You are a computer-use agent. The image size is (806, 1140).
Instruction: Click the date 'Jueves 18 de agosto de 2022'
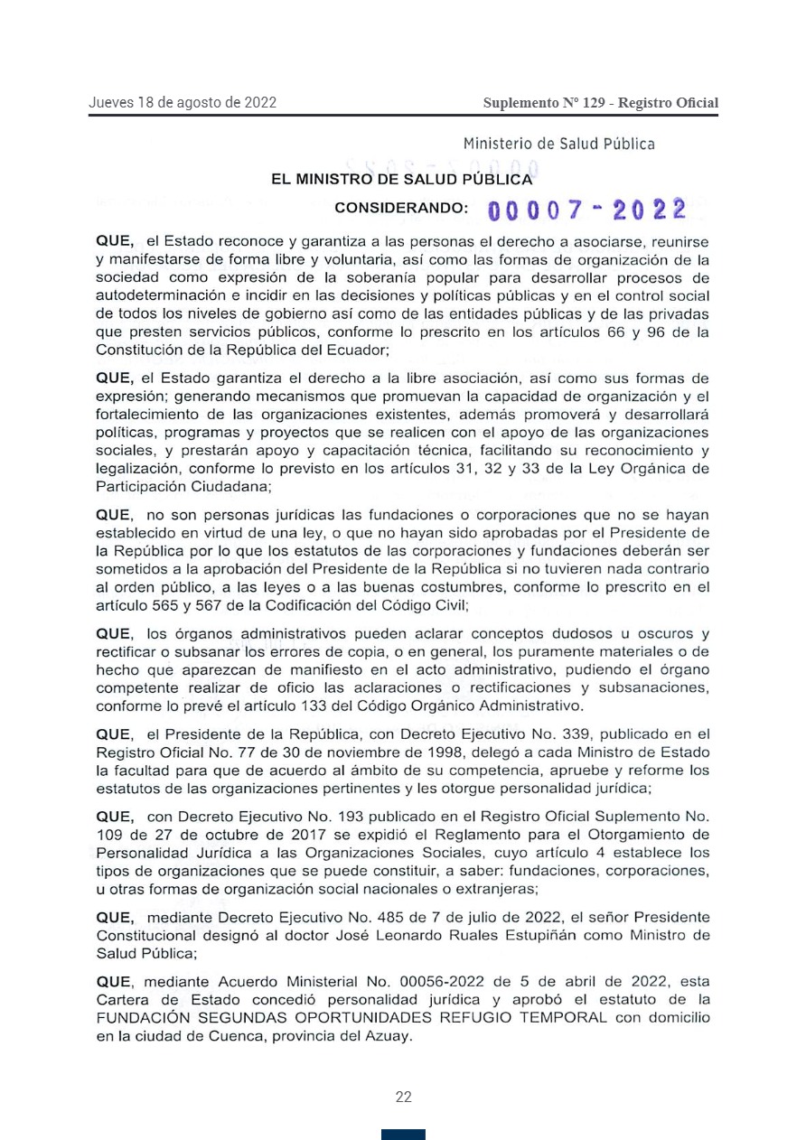[x=183, y=102]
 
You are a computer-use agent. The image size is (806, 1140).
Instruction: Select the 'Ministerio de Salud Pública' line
[x=559, y=144]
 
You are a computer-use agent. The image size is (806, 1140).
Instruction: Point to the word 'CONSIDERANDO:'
[x=401, y=208]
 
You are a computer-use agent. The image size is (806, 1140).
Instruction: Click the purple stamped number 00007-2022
[x=586, y=210]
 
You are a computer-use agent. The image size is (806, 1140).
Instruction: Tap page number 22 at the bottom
[x=403, y=1097]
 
